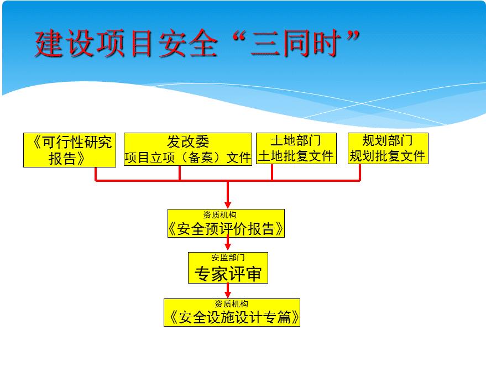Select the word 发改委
[188, 141]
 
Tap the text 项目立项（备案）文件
[188, 158]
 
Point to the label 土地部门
[295, 141]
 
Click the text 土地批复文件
[295, 156]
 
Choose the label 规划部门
[388, 140]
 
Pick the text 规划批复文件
[388, 156]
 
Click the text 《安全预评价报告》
[226, 229]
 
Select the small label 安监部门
[228, 258]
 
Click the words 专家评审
[228, 273]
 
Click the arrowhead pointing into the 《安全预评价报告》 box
[228, 205]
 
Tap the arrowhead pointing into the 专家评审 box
[228, 248]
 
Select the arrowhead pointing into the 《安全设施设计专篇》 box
[228, 294]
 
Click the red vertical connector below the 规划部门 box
[360, 172]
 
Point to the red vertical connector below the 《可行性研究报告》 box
[96, 173]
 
